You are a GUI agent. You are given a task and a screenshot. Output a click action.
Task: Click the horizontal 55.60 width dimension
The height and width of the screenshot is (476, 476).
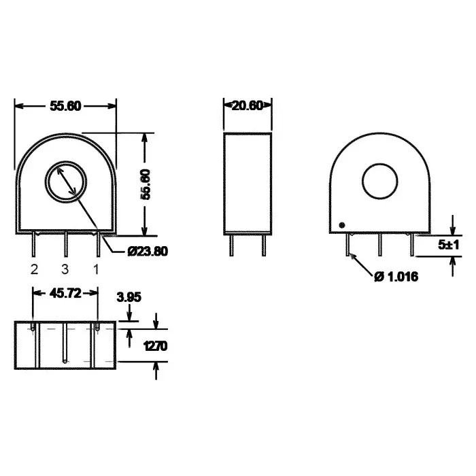pyautogui.click(x=65, y=106)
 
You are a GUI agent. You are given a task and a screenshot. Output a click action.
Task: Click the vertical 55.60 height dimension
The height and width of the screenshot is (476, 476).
pyautogui.click(x=145, y=184)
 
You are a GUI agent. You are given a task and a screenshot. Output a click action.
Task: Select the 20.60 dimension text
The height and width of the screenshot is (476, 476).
pyautogui.click(x=248, y=105)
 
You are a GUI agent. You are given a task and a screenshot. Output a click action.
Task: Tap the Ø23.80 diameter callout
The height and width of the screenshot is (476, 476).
pyautogui.click(x=148, y=251)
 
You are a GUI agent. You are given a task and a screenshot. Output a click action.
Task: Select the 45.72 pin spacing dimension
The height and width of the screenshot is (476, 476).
pyautogui.click(x=65, y=293)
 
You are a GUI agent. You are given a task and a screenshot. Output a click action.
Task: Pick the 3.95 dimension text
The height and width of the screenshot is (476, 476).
pyautogui.click(x=129, y=297)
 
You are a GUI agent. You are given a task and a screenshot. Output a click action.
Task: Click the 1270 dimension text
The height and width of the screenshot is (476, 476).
pyautogui.click(x=155, y=346)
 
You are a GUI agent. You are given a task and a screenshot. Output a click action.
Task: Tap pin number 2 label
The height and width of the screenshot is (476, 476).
pyautogui.click(x=33, y=269)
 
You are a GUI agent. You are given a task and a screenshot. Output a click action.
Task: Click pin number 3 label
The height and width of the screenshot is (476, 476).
pyautogui.click(x=65, y=269)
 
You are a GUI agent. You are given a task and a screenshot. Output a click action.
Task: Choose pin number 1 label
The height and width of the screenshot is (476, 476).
pyautogui.click(x=96, y=269)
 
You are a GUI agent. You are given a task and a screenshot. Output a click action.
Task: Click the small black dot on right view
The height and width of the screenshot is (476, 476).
pyautogui.click(x=342, y=225)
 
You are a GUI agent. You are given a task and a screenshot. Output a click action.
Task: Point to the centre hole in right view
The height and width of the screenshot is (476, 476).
pyautogui.click(x=379, y=182)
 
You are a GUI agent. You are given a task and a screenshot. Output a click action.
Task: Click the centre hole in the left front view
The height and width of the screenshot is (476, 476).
pyautogui.click(x=65, y=182)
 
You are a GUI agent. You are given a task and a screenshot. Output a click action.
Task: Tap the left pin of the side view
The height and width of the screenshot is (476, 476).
pyautogui.click(x=232, y=245)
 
